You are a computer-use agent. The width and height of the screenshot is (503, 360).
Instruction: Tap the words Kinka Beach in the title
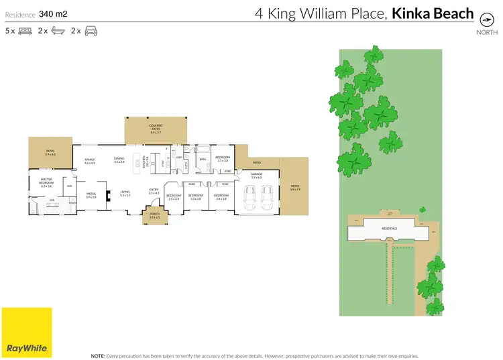pyautogui.click(x=433, y=13)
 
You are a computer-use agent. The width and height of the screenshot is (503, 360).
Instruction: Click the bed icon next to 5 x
pyautogui.click(x=25, y=31)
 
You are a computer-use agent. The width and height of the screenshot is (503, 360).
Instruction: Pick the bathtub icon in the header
pyautogui.click(x=58, y=31)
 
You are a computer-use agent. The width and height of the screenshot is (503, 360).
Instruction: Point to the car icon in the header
pyautogui.click(x=91, y=31)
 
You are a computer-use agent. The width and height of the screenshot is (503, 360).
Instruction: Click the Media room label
pyautogui.click(x=91, y=194)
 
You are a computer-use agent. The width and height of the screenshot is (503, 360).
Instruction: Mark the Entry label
pyautogui.click(x=153, y=190)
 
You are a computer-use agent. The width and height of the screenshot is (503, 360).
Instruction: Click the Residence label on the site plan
pyautogui.click(x=389, y=229)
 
